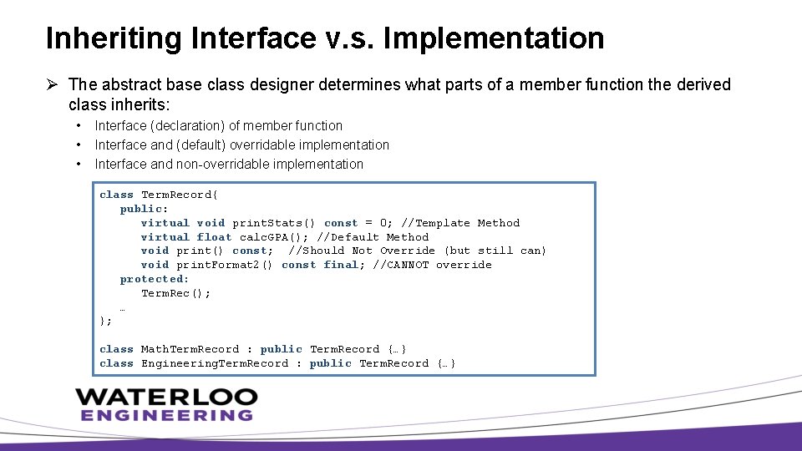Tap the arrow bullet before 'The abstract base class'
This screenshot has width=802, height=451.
(x=53, y=84)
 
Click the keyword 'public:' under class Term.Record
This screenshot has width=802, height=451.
(x=144, y=209)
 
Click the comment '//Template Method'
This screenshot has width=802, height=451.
(x=460, y=223)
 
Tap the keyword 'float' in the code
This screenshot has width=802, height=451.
(x=214, y=237)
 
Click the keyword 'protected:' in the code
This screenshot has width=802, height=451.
(x=155, y=279)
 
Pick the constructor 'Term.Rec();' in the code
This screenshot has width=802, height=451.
(x=175, y=293)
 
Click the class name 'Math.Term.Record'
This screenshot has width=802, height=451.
(x=190, y=349)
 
